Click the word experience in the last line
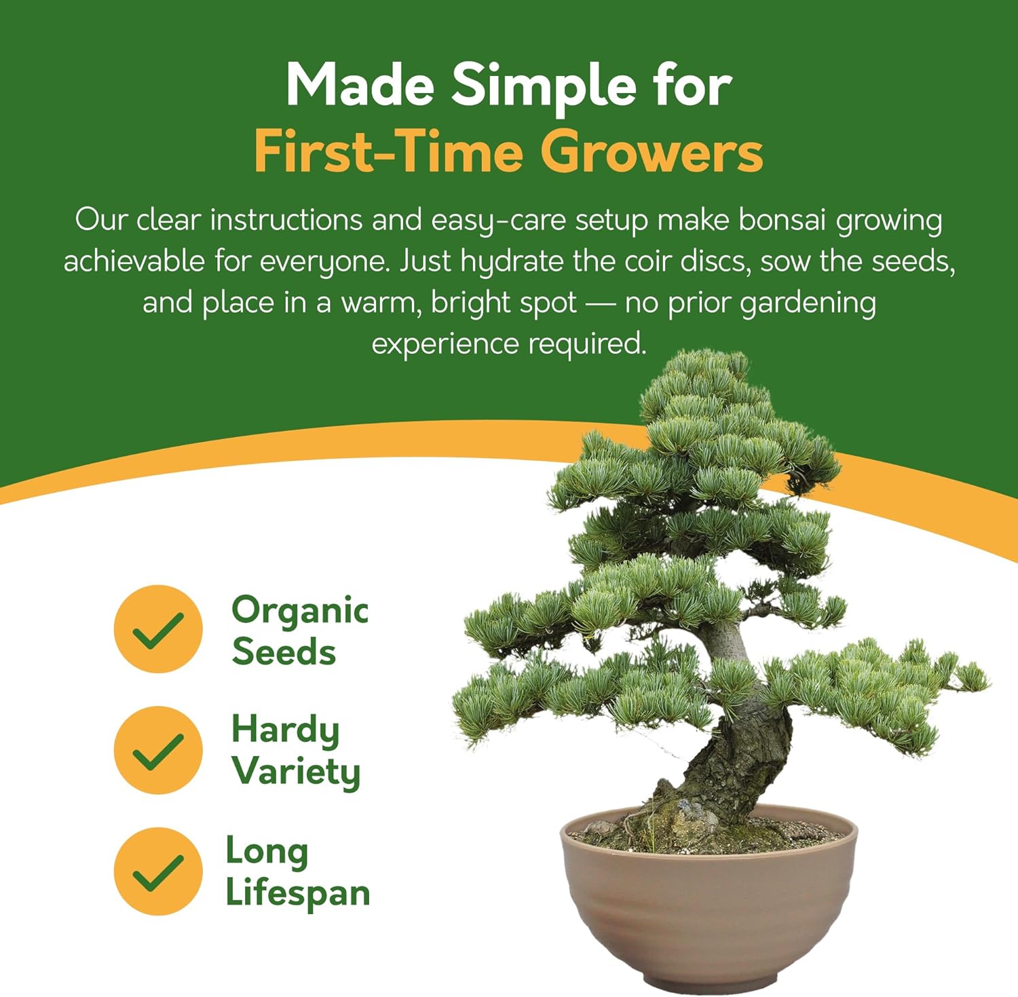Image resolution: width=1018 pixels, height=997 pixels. pyautogui.click(x=445, y=344)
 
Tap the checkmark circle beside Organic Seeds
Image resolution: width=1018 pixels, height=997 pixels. pyautogui.click(x=158, y=629)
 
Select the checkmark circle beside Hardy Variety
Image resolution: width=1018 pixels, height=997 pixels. pyautogui.click(x=158, y=750)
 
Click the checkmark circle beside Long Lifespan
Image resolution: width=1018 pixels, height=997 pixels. pyautogui.click(x=158, y=871)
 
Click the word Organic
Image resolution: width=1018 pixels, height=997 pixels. pyautogui.click(x=300, y=611)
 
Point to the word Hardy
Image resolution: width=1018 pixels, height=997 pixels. pyautogui.click(x=285, y=731)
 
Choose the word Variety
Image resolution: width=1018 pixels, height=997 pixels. pyautogui.click(x=296, y=772)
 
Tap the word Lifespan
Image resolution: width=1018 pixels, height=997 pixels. pyautogui.click(x=297, y=893)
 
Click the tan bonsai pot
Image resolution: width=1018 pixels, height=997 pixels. pyautogui.click(x=709, y=909)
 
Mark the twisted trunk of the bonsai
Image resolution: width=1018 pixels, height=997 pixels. pyautogui.click(x=740, y=760)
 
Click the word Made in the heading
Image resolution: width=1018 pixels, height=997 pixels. pyautogui.click(x=360, y=87)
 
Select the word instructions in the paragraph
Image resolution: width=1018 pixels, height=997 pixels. pyautogui.click(x=286, y=221)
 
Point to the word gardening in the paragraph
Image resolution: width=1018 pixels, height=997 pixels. pyautogui.click(x=808, y=303)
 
